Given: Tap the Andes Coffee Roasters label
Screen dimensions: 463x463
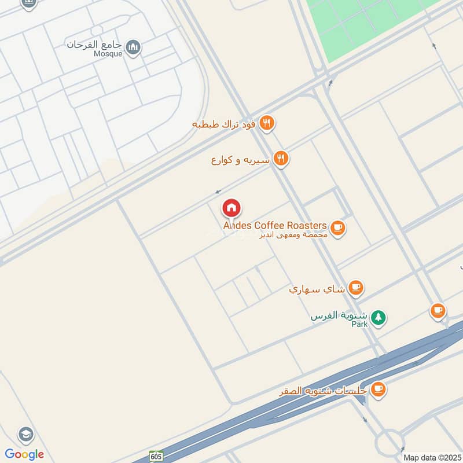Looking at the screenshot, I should tap(275, 225).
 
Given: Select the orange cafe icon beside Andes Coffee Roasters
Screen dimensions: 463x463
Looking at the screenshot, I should tap(339, 229).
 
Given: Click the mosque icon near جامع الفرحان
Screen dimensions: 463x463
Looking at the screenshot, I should tap(134, 45).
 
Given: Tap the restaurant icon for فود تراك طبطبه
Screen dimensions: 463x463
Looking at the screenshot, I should tap(266, 123).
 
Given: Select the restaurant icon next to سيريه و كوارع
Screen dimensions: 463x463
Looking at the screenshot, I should tap(281, 159).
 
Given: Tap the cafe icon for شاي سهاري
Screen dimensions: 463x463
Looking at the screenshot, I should tap(356, 286).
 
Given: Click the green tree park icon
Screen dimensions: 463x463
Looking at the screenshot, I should tap(378, 317).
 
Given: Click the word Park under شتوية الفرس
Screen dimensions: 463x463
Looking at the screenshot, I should tap(360, 325).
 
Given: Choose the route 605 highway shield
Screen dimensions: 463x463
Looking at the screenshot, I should tap(156, 455).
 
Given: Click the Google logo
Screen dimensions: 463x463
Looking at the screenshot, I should tap(24, 454).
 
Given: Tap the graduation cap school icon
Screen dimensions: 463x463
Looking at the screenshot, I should tap(25, 433).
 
